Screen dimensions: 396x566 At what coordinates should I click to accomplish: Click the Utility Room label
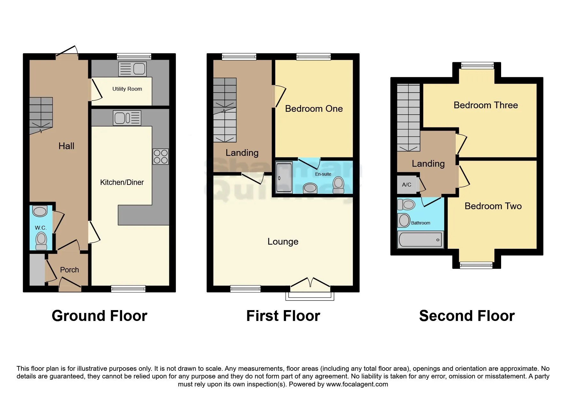tap(127, 89)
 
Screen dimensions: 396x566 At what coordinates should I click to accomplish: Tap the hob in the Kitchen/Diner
tap(160, 156)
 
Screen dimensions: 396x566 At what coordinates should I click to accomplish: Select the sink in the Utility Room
tap(139, 69)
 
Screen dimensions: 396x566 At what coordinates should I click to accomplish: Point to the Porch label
tap(69, 270)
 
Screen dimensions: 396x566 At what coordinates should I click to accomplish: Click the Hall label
tap(66, 146)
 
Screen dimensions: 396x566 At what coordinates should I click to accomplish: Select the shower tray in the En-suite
tap(284, 178)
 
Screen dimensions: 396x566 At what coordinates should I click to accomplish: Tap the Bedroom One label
tap(314, 109)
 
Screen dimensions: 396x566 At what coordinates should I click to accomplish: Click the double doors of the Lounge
tap(310, 283)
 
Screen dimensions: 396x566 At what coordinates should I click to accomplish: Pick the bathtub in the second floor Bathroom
tap(420, 240)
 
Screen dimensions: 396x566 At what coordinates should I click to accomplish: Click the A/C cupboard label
tap(407, 185)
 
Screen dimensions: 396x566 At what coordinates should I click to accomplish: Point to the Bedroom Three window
tap(477, 66)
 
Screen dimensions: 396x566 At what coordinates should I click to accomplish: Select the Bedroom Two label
tap(493, 206)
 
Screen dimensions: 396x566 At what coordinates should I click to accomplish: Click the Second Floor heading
tap(467, 316)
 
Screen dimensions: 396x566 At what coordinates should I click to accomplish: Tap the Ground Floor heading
tap(99, 316)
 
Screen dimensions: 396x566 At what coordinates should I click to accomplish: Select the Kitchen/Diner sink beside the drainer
tap(120, 118)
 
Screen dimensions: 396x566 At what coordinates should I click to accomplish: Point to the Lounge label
tap(283, 241)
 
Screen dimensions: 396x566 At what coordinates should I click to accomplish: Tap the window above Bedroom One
tap(313, 57)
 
